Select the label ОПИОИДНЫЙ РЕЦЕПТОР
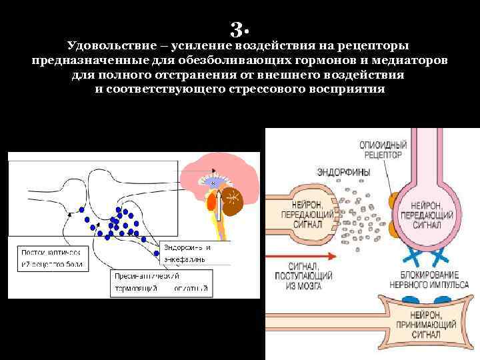381,149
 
